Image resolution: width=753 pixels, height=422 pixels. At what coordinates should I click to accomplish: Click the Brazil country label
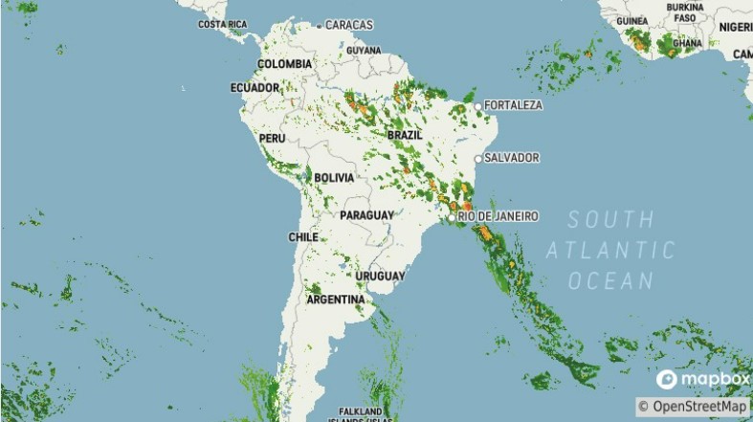point(405,135)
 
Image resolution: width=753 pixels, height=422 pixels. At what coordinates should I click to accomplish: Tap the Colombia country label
point(284,64)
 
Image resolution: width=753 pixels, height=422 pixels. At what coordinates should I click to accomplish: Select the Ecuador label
point(255,88)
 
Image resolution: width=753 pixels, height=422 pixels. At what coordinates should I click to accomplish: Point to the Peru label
point(273,138)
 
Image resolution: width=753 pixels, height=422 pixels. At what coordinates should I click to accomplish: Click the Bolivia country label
point(334,178)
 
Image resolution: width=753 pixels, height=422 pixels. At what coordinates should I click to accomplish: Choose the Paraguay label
point(366,215)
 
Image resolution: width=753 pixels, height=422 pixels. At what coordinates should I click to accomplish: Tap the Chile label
point(303,236)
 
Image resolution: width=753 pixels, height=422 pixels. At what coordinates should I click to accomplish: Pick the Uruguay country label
point(381,276)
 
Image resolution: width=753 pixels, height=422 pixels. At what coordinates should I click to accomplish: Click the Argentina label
point(335,300)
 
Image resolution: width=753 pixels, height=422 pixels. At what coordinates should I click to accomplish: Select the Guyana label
point(364,50)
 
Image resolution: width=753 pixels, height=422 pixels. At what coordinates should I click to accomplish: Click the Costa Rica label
point(222,24)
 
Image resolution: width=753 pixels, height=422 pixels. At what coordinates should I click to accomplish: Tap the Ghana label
point(687,43)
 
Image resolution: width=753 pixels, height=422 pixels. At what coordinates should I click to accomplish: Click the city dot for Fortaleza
point(478,105)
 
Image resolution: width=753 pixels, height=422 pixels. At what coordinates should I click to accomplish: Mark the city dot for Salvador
point(478,158)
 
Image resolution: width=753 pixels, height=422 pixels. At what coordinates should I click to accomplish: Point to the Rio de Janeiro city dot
point(452,217)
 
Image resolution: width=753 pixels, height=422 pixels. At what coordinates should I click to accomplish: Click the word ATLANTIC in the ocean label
point(610,251)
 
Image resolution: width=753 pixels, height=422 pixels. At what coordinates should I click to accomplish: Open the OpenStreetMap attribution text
point(694,407)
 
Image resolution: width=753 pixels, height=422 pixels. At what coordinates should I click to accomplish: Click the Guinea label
point(632,20)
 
